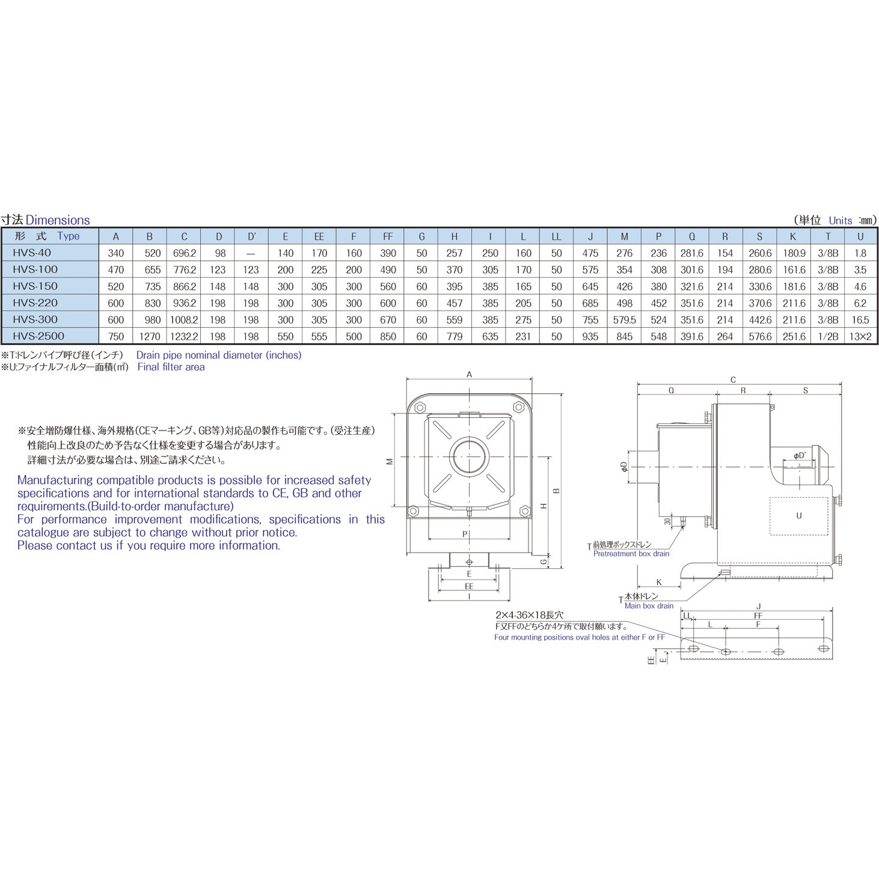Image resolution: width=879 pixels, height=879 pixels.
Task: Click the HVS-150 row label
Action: pos(35,286)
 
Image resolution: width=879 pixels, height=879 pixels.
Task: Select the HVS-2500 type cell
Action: pos(38,336)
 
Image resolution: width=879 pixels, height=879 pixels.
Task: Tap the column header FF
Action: pos(388,236)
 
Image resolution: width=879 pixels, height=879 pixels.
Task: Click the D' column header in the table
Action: pos(251,236)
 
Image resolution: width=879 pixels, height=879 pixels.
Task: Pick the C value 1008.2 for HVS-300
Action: pos(184,320)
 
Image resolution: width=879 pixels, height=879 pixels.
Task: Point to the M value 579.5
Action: pos(625,320)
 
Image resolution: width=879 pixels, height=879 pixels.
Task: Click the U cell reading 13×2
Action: pos(860,337)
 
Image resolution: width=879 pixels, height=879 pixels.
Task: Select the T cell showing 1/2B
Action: pos(828,337)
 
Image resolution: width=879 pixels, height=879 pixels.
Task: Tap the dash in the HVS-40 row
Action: pos(251,254)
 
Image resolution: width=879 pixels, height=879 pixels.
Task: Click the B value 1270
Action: pos(150,337)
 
